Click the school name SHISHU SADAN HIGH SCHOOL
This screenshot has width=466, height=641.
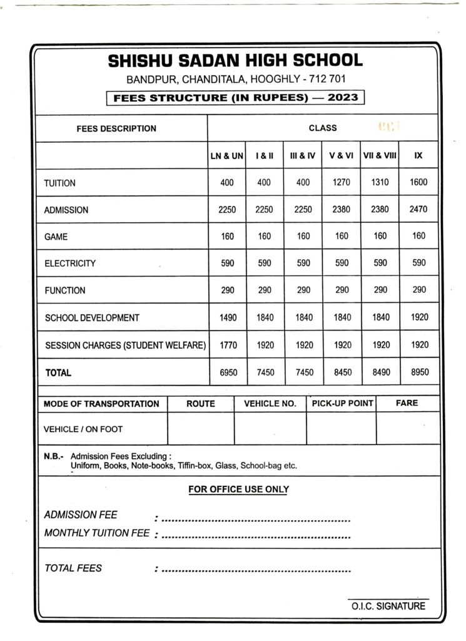[x=235, y=61]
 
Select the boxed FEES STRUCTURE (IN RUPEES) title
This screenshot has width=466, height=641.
[x=235, y=98]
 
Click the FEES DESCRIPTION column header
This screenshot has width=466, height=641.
[x=116, y=128]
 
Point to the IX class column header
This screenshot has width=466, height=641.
[x=418, y=155]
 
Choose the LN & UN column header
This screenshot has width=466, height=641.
[x=226, y=155]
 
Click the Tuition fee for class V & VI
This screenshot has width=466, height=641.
[x=342, y=183]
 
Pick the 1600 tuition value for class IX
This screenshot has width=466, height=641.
[x=418, y=183]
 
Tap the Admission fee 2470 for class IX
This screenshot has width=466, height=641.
[x=418, y=210]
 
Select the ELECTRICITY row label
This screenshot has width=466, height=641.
[x=70, y=264]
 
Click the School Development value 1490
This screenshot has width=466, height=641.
[x=227, y=317]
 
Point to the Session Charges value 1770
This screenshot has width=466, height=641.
[x=227, y=344]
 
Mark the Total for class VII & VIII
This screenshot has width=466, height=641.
[x=380, y=372]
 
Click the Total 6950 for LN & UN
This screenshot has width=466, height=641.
[x=227, y=372]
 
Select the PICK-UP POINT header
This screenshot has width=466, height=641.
[x=342, y=404]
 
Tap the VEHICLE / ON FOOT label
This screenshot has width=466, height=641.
[x=83, y=429]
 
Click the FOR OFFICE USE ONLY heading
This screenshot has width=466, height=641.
[x=238, y=489]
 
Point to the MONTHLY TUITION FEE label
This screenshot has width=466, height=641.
[x=97, y=533]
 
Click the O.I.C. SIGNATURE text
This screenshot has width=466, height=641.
[x=388, y=606]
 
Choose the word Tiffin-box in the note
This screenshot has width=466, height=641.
[x=195, y=466]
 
